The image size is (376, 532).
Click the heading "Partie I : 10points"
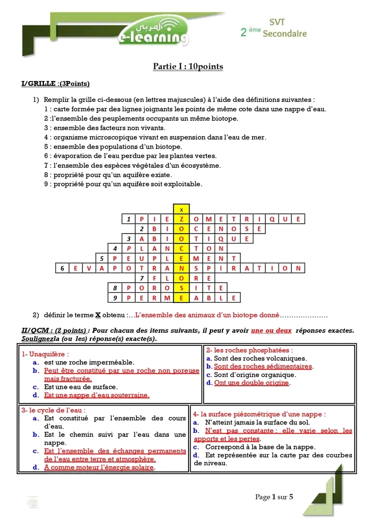tap(187, 66)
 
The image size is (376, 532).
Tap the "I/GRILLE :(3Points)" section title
tap(55, 84)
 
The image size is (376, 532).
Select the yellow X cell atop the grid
tap(181, 209)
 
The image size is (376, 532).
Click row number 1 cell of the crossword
tap(128, 219)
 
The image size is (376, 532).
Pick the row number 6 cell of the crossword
tap(62, 269)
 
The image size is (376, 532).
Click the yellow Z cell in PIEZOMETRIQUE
tap(181, 219)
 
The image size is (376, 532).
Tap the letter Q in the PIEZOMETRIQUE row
tap(272, 219)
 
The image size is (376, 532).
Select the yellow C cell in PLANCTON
tap(181, 249)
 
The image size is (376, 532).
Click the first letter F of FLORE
tap(155, 279)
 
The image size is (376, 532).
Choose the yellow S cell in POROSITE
tap(181, 288)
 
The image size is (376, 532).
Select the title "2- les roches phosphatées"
tap(249, 350)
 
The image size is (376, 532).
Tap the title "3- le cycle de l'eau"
tap(53, 410)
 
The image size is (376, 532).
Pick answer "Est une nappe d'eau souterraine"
tap(97, 396)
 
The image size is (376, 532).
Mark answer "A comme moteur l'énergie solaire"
tap(99, 467)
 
